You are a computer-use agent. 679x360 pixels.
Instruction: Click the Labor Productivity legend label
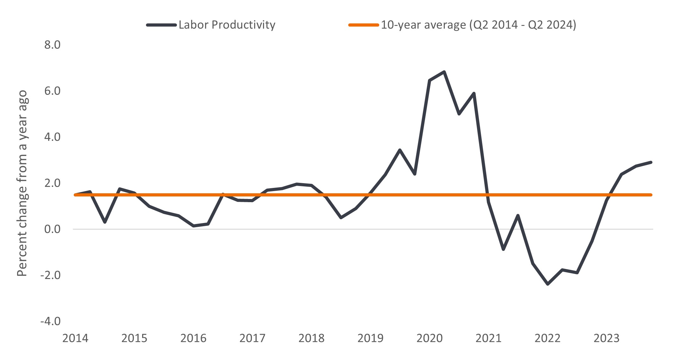227,25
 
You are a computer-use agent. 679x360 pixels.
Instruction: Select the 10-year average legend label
478,25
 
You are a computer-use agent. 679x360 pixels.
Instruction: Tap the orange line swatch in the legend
363,25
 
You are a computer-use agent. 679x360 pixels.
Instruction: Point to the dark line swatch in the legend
161,25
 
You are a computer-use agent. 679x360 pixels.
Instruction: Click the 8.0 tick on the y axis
52,45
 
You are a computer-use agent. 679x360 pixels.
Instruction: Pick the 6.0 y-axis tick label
52,91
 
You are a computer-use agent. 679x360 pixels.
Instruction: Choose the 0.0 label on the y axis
52,229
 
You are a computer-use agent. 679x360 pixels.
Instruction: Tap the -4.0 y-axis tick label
50,321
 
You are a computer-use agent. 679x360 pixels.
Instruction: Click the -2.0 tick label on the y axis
50,275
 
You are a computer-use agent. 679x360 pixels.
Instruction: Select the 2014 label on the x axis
75,338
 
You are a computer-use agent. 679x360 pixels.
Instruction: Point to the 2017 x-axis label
252,338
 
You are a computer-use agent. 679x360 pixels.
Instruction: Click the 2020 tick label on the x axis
429,338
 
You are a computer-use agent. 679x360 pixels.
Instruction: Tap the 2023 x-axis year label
606,338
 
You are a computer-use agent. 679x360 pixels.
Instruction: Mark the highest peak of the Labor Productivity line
444,72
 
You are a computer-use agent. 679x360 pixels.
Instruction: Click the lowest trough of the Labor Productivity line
548,284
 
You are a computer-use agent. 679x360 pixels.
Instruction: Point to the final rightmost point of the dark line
651,162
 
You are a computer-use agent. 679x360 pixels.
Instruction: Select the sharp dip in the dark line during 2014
105,222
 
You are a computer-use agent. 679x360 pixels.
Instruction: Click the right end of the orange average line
651,195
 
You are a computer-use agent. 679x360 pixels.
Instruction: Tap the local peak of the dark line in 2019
400,150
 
